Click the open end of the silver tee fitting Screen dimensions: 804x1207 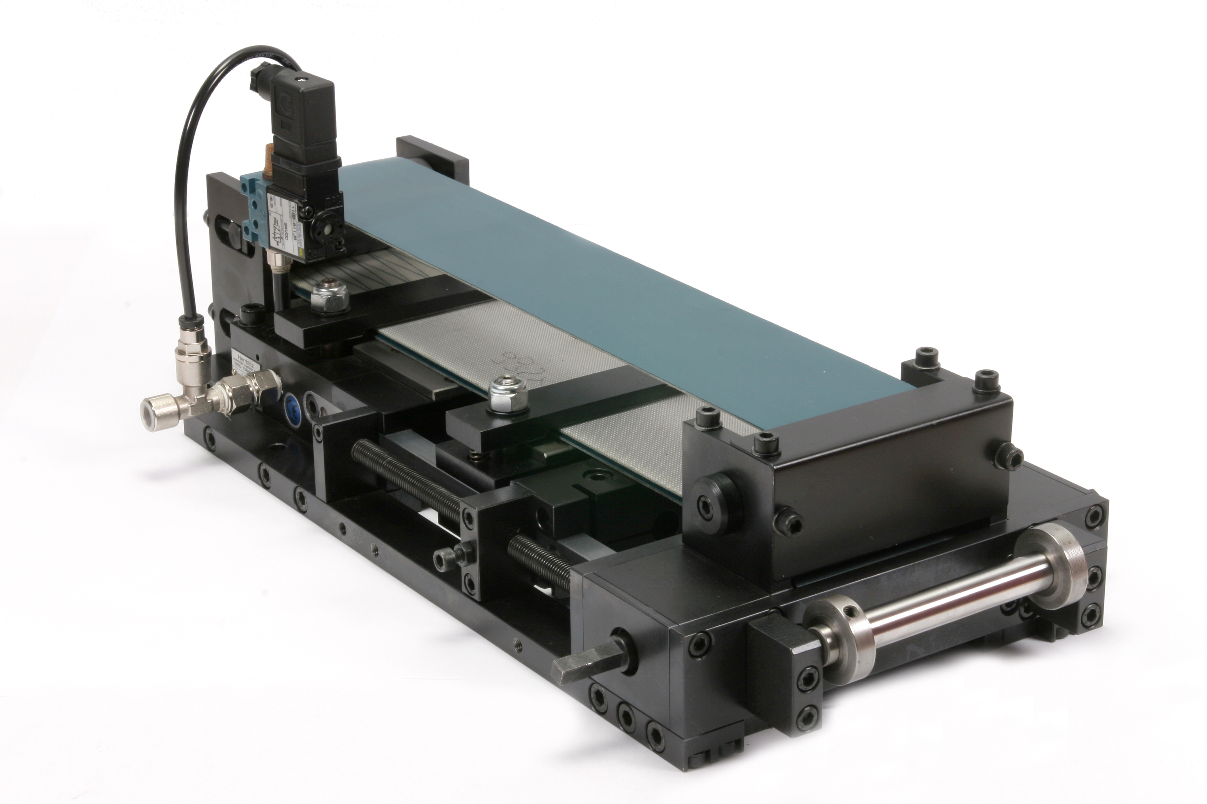(x=150, y=410)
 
